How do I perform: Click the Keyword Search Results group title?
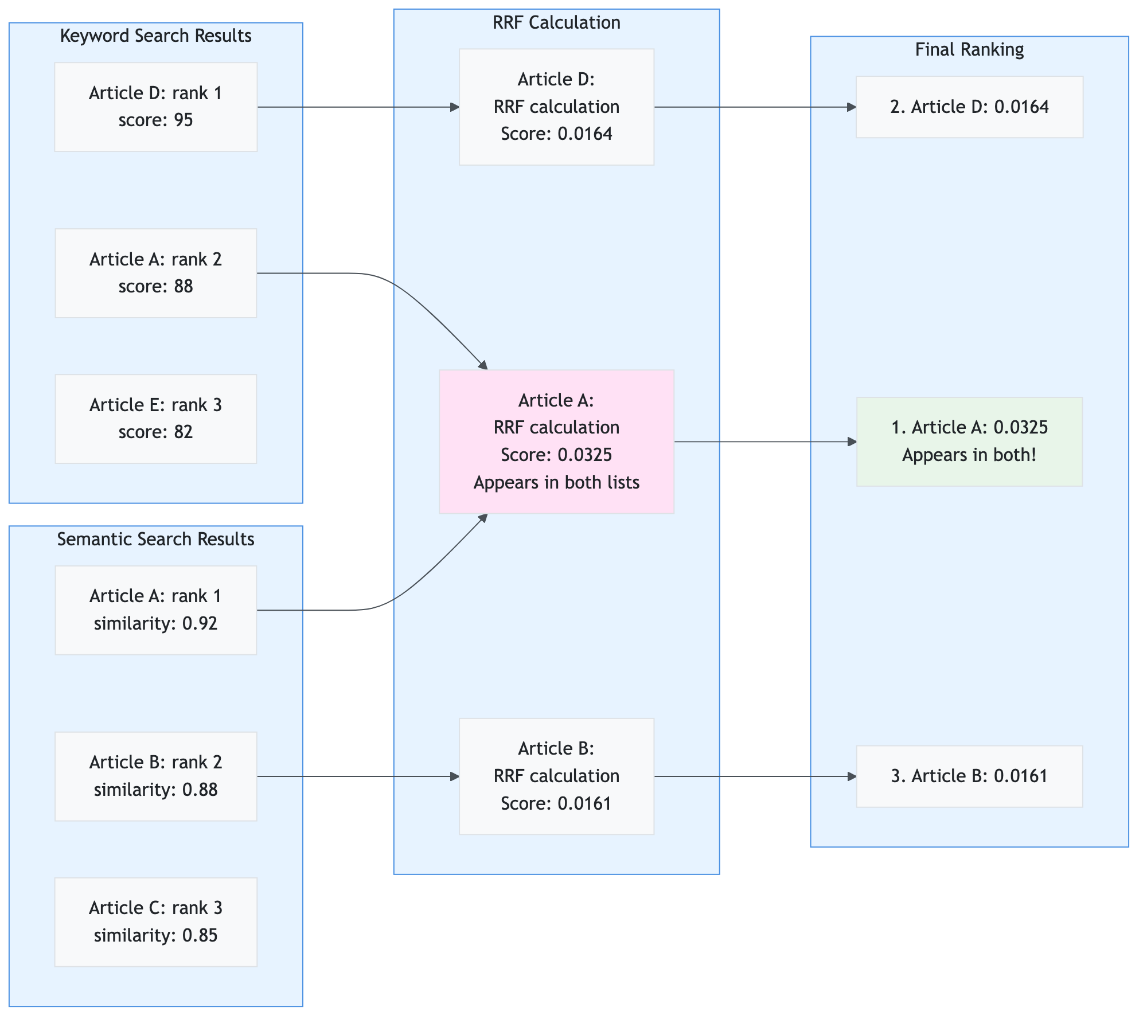pyautogui.click(x=155, y=36)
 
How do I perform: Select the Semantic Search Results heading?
pyautogui.click(x=155, y=539)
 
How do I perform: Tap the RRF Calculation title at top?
pyautogui.click(x=556, y=22)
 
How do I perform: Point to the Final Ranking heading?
pyautogui.click(x=969, y=49)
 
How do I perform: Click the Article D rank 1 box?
pyautogui.click(x=155, y=107)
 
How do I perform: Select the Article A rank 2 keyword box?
pyautogui.click(x=155, y=273)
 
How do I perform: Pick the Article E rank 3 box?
pyautogui.click(x=155, y=419)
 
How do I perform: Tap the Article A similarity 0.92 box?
pyautogui.click(x=155, y=610)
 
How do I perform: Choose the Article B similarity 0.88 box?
pyautogui.click(x=155, y=776)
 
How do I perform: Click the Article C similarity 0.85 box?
pyautogui.click(x=155, y=922)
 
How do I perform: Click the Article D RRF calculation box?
pyautogui.click(x=556, y=107)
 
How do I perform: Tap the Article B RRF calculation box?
pyautogui.click(x=556, y=776)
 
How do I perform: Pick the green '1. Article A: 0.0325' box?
pyautogui.click(x=969, y=442)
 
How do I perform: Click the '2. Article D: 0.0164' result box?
pyautogui.click(x=969, y=107)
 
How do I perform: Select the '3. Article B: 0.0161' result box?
pyautogui.click(x=969, y=776)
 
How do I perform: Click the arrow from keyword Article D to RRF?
pyautogui.click(x=356, y=107)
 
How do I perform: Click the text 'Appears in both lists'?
pyautogui.click(x=556, y=482)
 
